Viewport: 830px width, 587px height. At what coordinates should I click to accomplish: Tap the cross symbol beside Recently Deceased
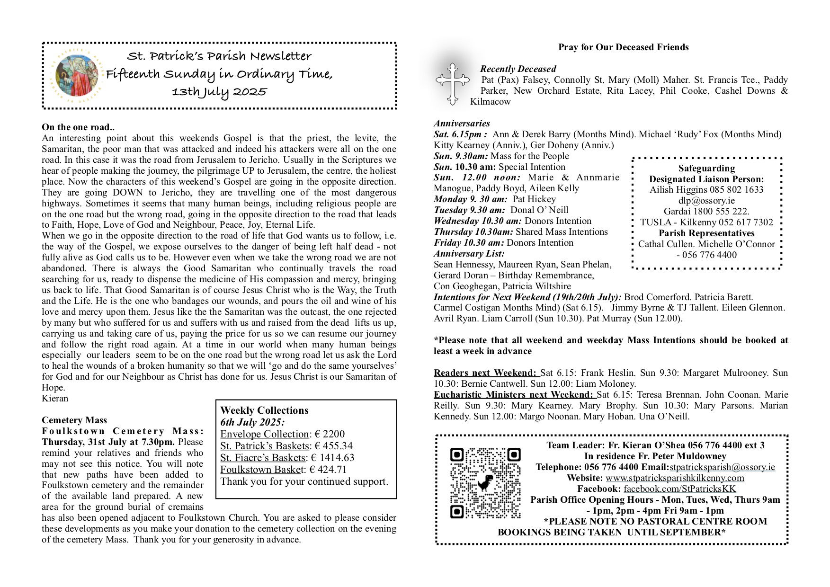coord(453,82)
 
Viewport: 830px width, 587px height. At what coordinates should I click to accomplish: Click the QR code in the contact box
coord(485,482)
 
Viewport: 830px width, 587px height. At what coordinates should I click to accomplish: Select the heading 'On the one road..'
coord(78,127)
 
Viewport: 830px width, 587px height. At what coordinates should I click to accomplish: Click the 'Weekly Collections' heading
coord(264,410)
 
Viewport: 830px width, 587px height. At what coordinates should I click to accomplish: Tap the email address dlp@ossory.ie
coord(706,200)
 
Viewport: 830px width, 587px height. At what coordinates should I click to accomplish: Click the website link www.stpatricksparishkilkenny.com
coord(675,478)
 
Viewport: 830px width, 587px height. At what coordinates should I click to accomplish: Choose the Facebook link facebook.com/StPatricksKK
coord(679,489)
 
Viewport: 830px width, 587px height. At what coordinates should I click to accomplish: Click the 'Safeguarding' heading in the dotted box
coord(706,168)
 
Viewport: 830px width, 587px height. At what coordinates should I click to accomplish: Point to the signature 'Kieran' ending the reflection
coord(55,398)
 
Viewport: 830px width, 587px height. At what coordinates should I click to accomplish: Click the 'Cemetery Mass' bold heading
coord(74,420)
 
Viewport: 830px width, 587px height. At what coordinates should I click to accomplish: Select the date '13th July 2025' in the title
coord(219,91)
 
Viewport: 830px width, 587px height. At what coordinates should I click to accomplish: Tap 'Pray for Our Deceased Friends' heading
coord(623,47)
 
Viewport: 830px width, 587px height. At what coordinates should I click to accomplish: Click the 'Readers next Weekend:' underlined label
coord(486,373)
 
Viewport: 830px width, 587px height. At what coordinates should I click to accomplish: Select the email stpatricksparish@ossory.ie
coord(722,467)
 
